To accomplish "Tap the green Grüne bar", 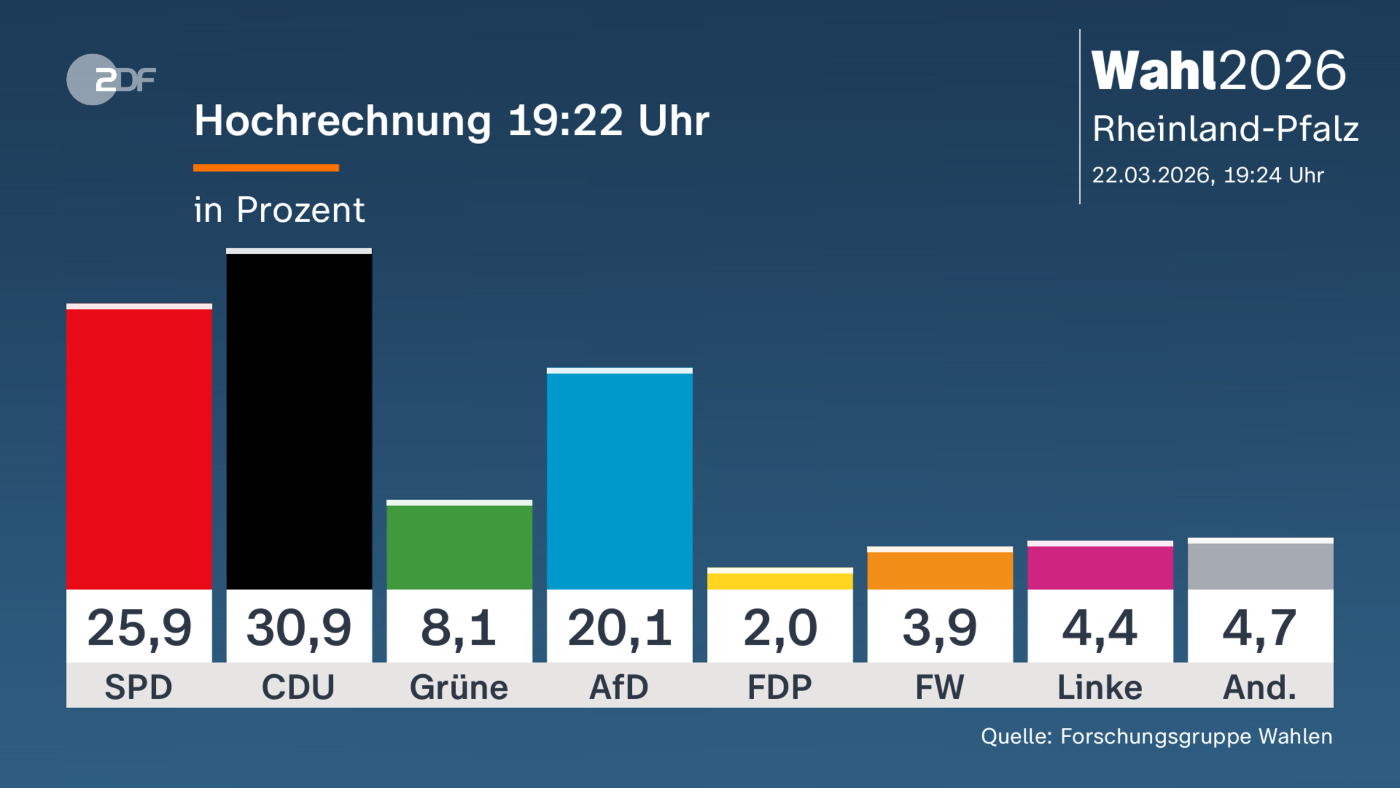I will pos(459,545).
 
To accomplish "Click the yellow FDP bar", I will pos(780,580).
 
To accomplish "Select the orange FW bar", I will pos(940,569).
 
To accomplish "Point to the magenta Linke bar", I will pos(1100,566).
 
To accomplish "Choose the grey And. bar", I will pos(1260,564).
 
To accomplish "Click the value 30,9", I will pos(299,628).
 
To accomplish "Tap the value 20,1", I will pos(619,628).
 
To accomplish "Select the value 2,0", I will pos(780,628).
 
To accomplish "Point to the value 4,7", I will pos(1260,628).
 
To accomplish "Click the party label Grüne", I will pos(459,687).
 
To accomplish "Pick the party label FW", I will pos(940,687).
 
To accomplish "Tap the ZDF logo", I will pos(111,79).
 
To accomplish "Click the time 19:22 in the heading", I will pos(565,121).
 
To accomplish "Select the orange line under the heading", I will pos(266,168).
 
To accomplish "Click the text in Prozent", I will pos(279,210).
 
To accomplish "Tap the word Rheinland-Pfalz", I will pos(1225,128).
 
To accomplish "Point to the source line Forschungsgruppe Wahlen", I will pos(1196,736).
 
